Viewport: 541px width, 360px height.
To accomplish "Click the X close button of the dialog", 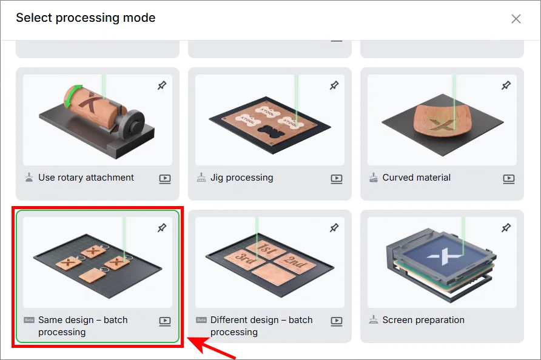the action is (x=516, y=19).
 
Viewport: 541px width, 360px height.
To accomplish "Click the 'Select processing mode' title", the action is (x=86, y=18).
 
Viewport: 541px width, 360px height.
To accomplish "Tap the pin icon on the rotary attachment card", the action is (x=162, y=85).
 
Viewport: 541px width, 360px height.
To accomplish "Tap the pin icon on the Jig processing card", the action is (x=334, y=85).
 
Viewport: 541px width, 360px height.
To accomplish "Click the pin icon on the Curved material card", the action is (x=506, y=85).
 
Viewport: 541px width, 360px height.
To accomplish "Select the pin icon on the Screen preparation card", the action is (x=506, y=228).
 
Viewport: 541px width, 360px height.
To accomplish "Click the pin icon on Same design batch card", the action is (x=162, y=228).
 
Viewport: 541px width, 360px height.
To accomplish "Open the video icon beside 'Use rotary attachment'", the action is (x=165, y=179).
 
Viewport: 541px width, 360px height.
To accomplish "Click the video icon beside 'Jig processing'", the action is (x=337, y=179).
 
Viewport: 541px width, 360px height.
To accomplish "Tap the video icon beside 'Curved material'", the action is (x=509, y=179).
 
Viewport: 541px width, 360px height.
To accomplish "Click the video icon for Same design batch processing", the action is (x=165, y=321).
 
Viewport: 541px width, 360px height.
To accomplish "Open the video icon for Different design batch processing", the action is (x=337, y=321).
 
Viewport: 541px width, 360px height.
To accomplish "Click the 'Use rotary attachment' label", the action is (x=86, y=178).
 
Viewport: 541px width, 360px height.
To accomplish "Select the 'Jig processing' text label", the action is (x=241, y=178).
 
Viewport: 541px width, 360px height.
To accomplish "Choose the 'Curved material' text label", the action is (x=417, y=178).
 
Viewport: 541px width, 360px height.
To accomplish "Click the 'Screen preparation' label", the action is (x=423, y=321).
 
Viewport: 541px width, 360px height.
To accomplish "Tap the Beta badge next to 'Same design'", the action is (x=29, y=320).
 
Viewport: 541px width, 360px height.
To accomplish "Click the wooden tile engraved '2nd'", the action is (x=295, y=263).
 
